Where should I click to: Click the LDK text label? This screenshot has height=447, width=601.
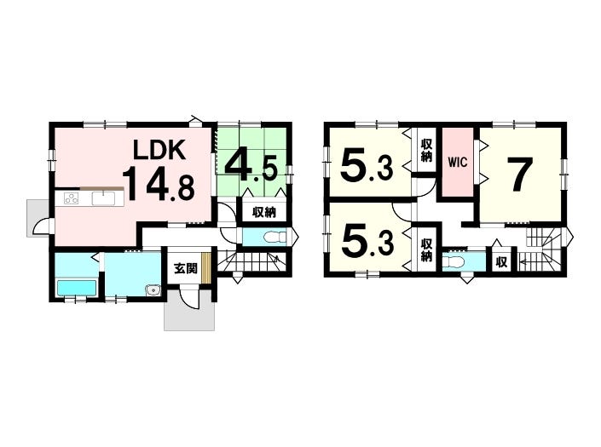(159, 150)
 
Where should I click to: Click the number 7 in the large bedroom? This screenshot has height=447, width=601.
(520, 175)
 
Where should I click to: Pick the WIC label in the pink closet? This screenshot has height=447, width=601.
(458, 163)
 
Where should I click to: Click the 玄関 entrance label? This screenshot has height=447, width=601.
(186, 269)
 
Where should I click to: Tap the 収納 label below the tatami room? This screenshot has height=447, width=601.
(264, 212)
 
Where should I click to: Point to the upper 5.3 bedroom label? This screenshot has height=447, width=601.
(367, 167)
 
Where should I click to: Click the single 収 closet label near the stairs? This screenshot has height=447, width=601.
(501, 262)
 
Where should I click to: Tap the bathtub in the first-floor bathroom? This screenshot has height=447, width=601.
(76, 288)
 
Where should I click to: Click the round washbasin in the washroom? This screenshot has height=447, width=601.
(153, 291)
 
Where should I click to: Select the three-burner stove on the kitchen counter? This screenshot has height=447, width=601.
(72, 198)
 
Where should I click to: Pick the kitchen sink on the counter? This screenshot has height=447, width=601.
(103, 198)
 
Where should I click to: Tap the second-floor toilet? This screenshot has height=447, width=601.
(453, 262)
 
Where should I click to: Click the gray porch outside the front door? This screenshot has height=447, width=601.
(189, 310)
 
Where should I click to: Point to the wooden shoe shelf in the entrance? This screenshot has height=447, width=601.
(206, 268)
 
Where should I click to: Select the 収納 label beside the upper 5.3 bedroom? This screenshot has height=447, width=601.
(426, 151)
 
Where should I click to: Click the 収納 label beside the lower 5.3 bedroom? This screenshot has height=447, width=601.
(426, 250)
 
